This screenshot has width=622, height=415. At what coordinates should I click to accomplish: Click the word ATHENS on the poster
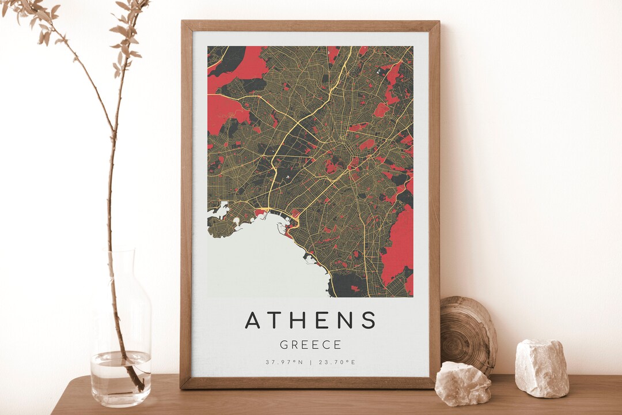pyautogui.click(x=310, y=320)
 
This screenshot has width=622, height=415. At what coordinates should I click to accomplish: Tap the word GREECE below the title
pyautogui.click(x=310, y=345)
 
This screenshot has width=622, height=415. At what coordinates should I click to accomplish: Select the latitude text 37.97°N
pyautogui.click(x=284, y=362)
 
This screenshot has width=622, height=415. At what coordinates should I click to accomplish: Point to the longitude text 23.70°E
pyautogui.click(x=337, y=362)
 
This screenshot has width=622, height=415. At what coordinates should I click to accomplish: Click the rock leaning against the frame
pyautogui.click(x=462, y=383)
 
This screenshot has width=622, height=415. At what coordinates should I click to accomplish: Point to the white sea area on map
pyautogui.click(x=259, y=259)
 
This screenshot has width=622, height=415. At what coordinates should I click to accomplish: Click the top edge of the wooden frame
pyautogui.click(x=310, y=25)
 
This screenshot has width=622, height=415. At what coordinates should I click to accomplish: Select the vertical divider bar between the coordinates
pyautogui.click(x=310, y=362)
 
